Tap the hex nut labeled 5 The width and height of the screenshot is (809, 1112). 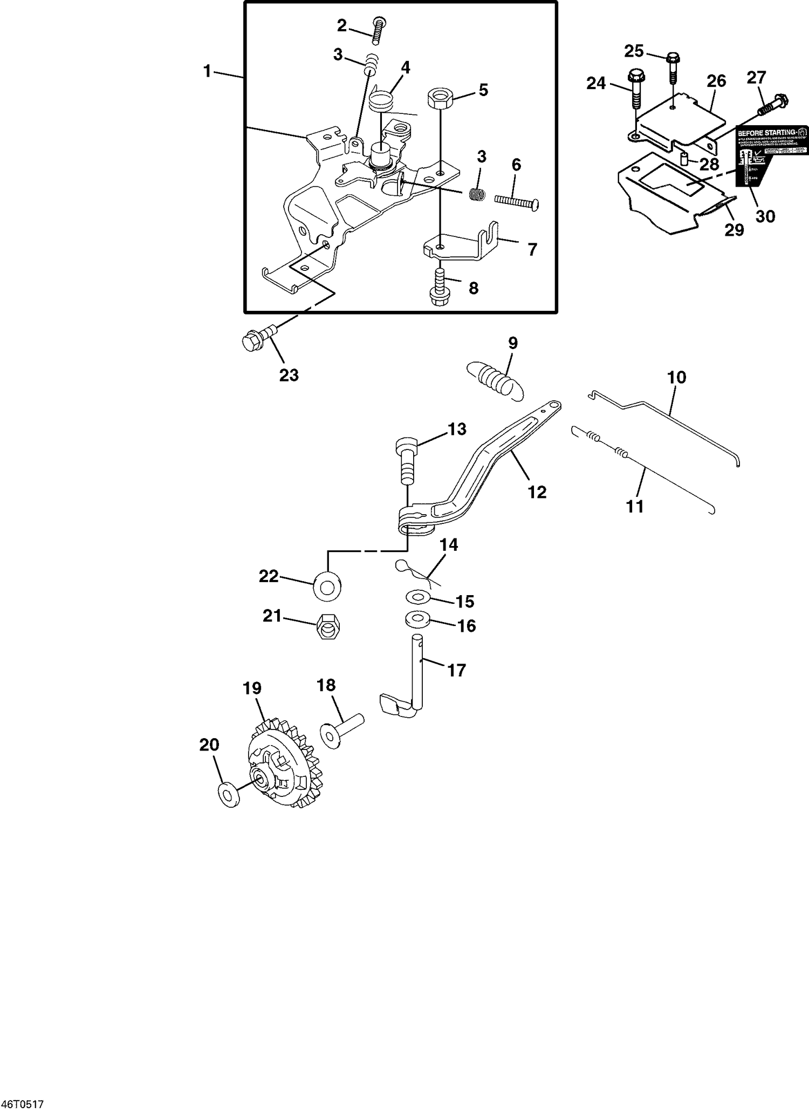click(440, 99)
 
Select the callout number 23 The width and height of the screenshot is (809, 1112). click(289, 375)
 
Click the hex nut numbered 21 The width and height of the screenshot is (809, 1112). click(327, 627)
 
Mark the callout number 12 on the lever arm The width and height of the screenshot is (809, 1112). click(537, 492)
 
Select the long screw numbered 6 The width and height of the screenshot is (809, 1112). click(517, 202)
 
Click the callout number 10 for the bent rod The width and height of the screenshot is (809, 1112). click(676, 377)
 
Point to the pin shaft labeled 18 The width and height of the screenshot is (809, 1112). click(343, 730)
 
